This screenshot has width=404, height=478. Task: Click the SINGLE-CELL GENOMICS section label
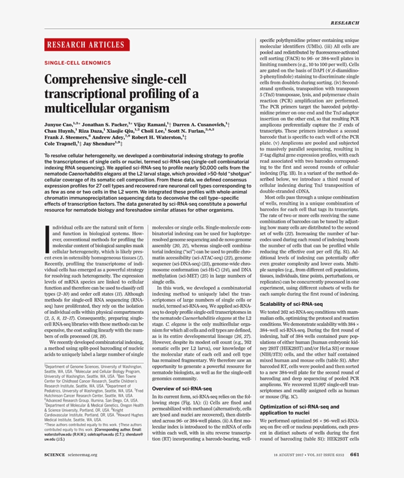77,63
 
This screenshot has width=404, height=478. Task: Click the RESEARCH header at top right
344,23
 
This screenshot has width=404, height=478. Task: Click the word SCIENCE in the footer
55,455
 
